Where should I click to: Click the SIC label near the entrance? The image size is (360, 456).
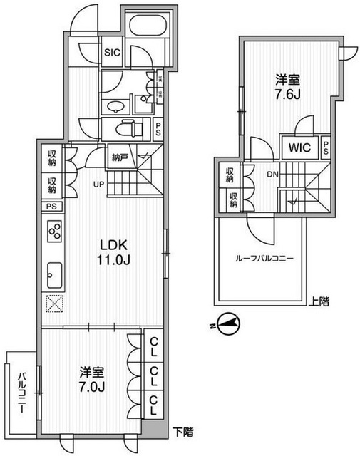113,51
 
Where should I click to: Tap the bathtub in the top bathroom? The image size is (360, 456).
148,35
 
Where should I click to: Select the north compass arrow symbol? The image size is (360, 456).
227,325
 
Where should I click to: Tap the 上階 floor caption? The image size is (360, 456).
319,301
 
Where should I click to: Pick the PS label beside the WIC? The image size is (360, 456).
325,148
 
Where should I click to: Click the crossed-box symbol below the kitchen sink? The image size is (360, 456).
54,302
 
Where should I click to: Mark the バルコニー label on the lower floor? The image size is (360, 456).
22,390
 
